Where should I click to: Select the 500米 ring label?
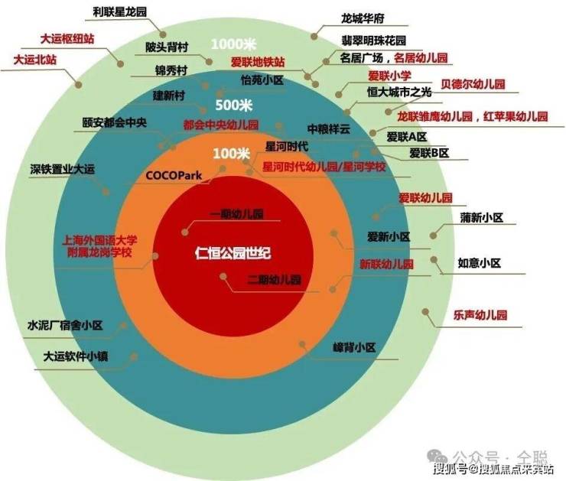(x=233, y=105)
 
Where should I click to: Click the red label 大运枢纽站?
(x=67, y=37)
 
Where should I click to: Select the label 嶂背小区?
(x=355, y=347)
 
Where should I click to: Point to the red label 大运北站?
(x=34, y=59)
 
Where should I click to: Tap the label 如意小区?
(x=479, y=263)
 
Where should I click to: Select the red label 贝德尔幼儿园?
(x=473, y=83)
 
